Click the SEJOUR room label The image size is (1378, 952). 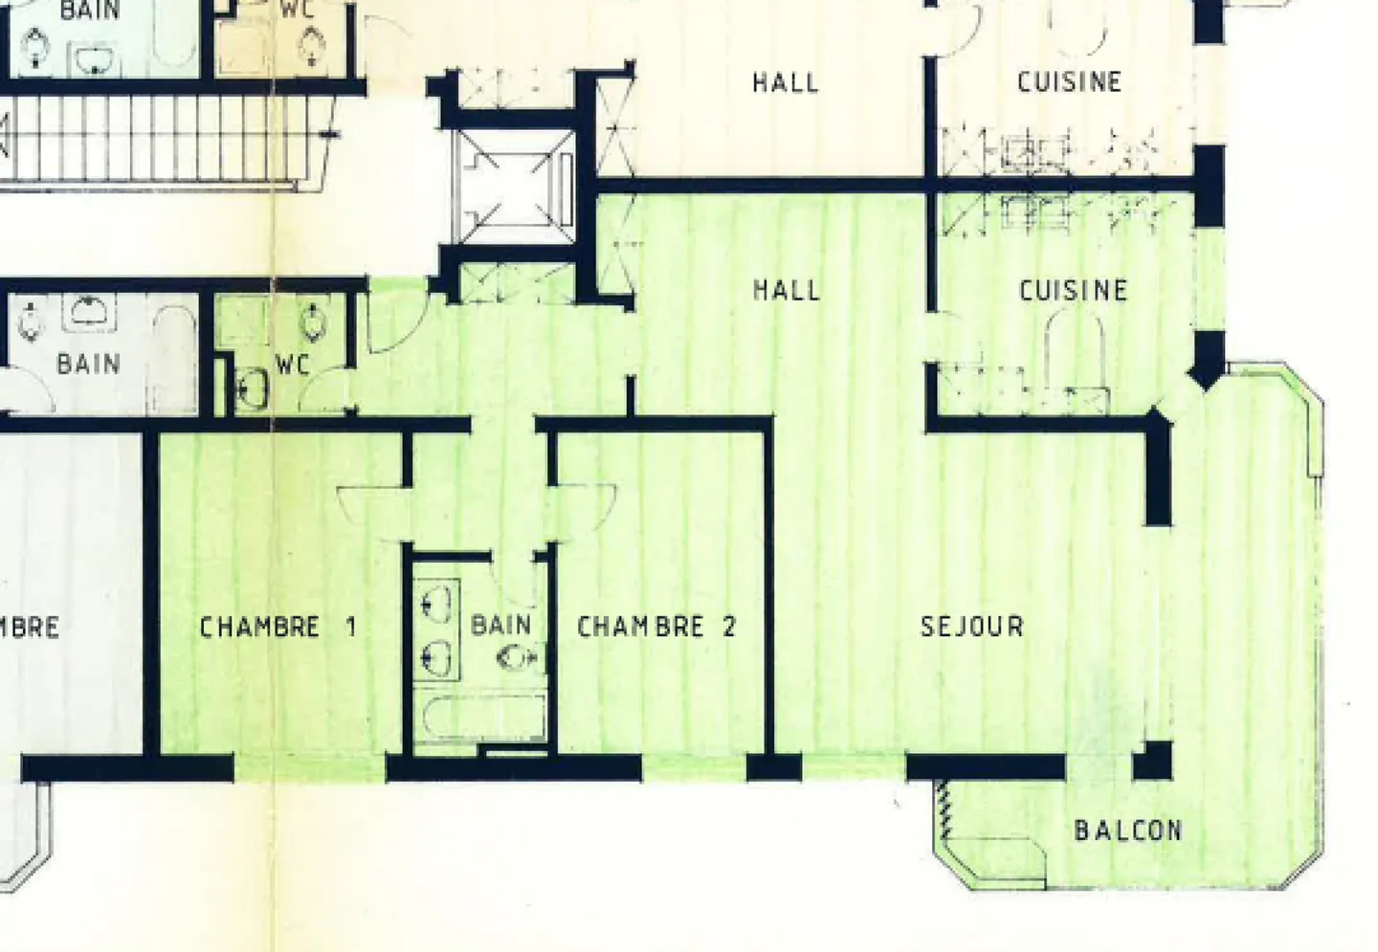[971, 627]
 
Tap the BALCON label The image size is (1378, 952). [1127, 830]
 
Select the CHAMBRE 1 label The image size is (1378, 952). [278, 628]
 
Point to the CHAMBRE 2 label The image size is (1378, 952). [656, 627]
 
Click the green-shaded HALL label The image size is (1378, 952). [786, 290]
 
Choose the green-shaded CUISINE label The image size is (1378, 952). [1073, 290]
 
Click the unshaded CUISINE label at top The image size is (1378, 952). [1069, 82]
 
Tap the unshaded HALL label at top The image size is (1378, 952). [785, 83]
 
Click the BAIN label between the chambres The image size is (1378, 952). [500, 626]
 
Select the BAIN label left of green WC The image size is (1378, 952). [88, 365]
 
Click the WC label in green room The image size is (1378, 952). [292, 365]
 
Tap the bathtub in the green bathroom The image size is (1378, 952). [483, 719]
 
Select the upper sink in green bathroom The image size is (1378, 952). [437, 603]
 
